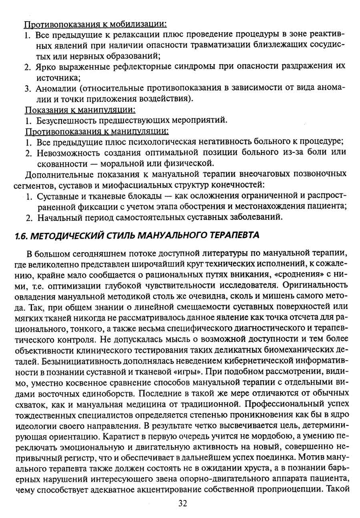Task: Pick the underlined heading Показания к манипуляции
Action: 80,109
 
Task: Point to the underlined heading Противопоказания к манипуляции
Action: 97,131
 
